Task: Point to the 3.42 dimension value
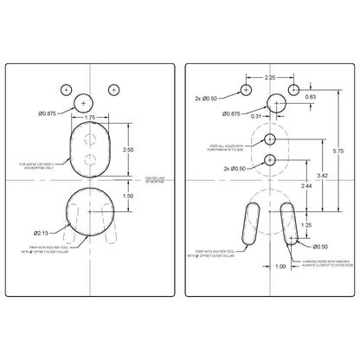pyautogui.click(x=323, y=175)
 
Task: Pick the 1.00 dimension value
pyautogui.click(x=280, y=267)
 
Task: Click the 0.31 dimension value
pyautogui.click(x=256, y=115)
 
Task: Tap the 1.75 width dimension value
pyautogui.click(x=89, y=115)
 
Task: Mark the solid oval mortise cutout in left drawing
pyautogui.click(x=89, y=148)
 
